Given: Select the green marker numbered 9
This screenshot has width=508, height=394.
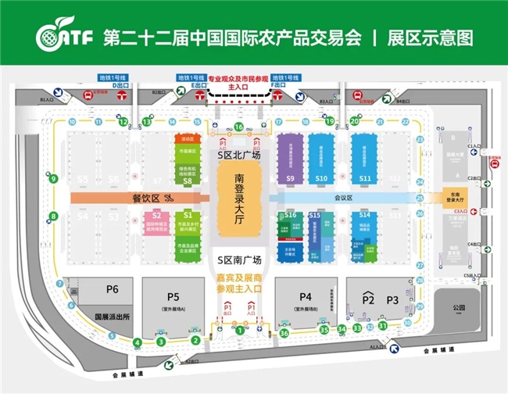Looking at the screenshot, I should (53, 179).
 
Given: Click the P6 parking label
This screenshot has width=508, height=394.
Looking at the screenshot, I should (113, 290).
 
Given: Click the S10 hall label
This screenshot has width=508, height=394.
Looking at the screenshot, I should (321, 179).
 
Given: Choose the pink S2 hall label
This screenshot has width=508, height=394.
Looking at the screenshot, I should (156, 215).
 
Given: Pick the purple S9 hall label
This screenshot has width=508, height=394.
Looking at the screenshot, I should (289, 179).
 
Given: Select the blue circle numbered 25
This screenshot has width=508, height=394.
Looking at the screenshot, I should (420, 199).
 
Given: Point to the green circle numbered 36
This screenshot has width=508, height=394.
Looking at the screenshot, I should (284, 333).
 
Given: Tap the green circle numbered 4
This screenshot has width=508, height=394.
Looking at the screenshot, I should (138, 342).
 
